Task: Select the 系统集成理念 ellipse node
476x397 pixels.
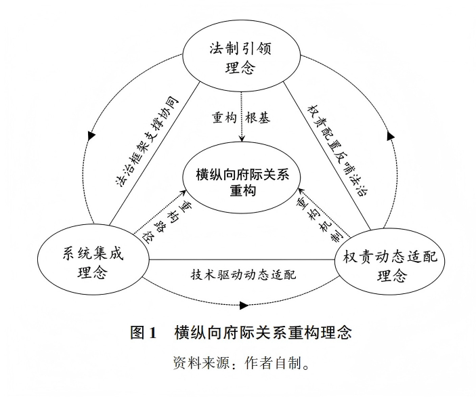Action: click(93, 261)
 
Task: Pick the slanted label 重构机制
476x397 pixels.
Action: click(317, 216)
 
